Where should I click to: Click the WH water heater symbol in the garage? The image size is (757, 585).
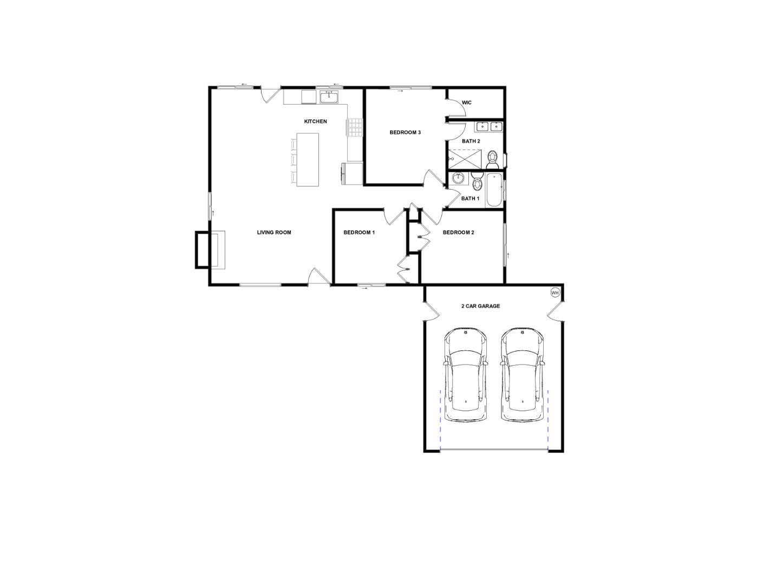554,292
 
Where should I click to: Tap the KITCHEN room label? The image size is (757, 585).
315,121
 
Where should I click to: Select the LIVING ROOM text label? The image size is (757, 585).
274,232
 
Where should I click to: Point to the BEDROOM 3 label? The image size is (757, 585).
405,132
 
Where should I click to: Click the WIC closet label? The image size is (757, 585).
467,102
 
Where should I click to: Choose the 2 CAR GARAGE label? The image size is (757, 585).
480,306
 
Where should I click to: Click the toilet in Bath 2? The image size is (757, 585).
492,159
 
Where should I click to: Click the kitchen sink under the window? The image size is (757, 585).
329,97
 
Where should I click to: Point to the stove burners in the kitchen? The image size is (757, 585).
355,128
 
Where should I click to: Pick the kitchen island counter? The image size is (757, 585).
307,159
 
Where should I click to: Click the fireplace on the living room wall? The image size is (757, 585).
210,250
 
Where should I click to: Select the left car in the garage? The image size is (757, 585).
466,375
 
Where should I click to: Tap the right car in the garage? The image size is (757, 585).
522,375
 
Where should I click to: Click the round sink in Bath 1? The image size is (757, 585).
458,178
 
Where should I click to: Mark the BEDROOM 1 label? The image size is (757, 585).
359,232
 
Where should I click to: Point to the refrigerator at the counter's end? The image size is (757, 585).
352,173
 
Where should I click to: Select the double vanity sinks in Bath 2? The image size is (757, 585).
489,127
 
